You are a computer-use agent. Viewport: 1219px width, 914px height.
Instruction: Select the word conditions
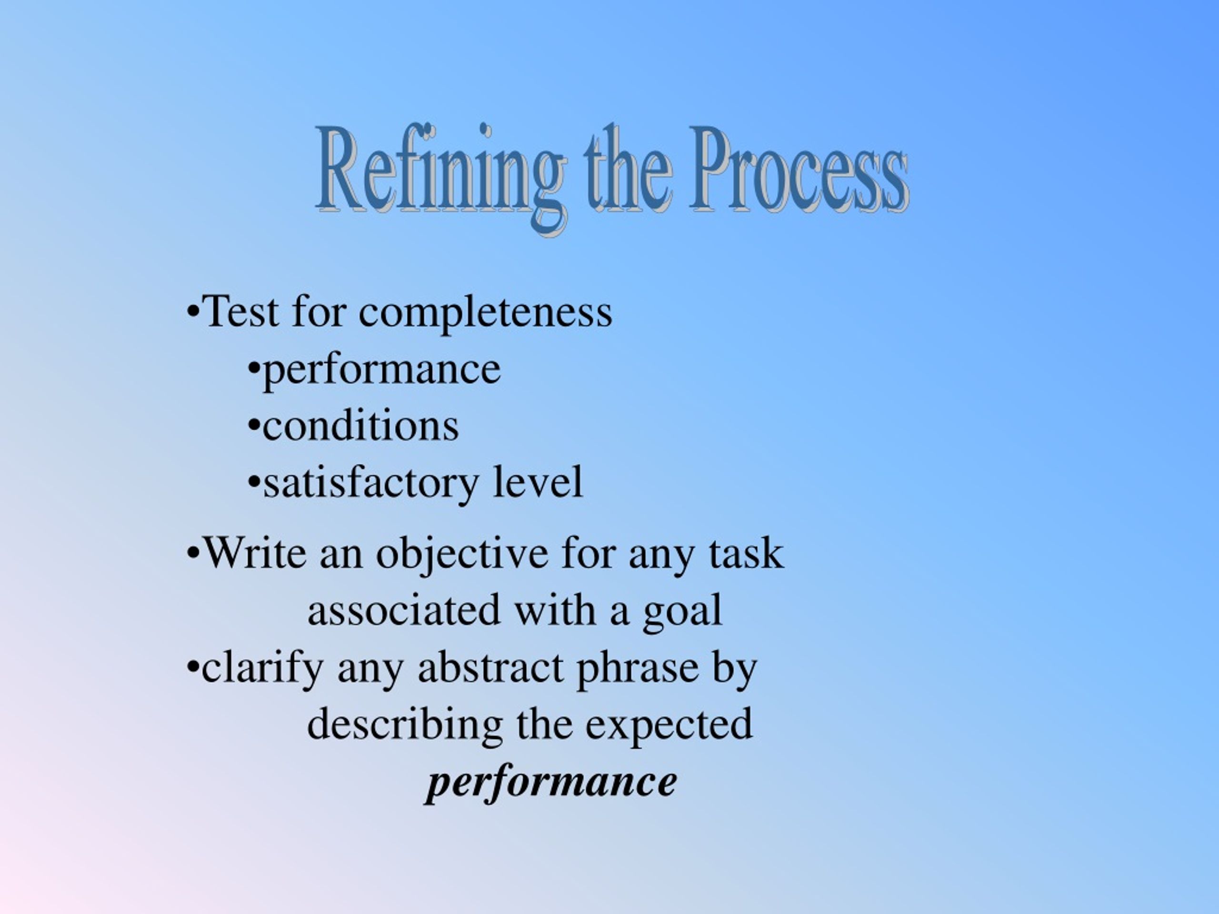[360, 427]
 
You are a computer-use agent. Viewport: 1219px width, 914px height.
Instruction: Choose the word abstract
[490, 668]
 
